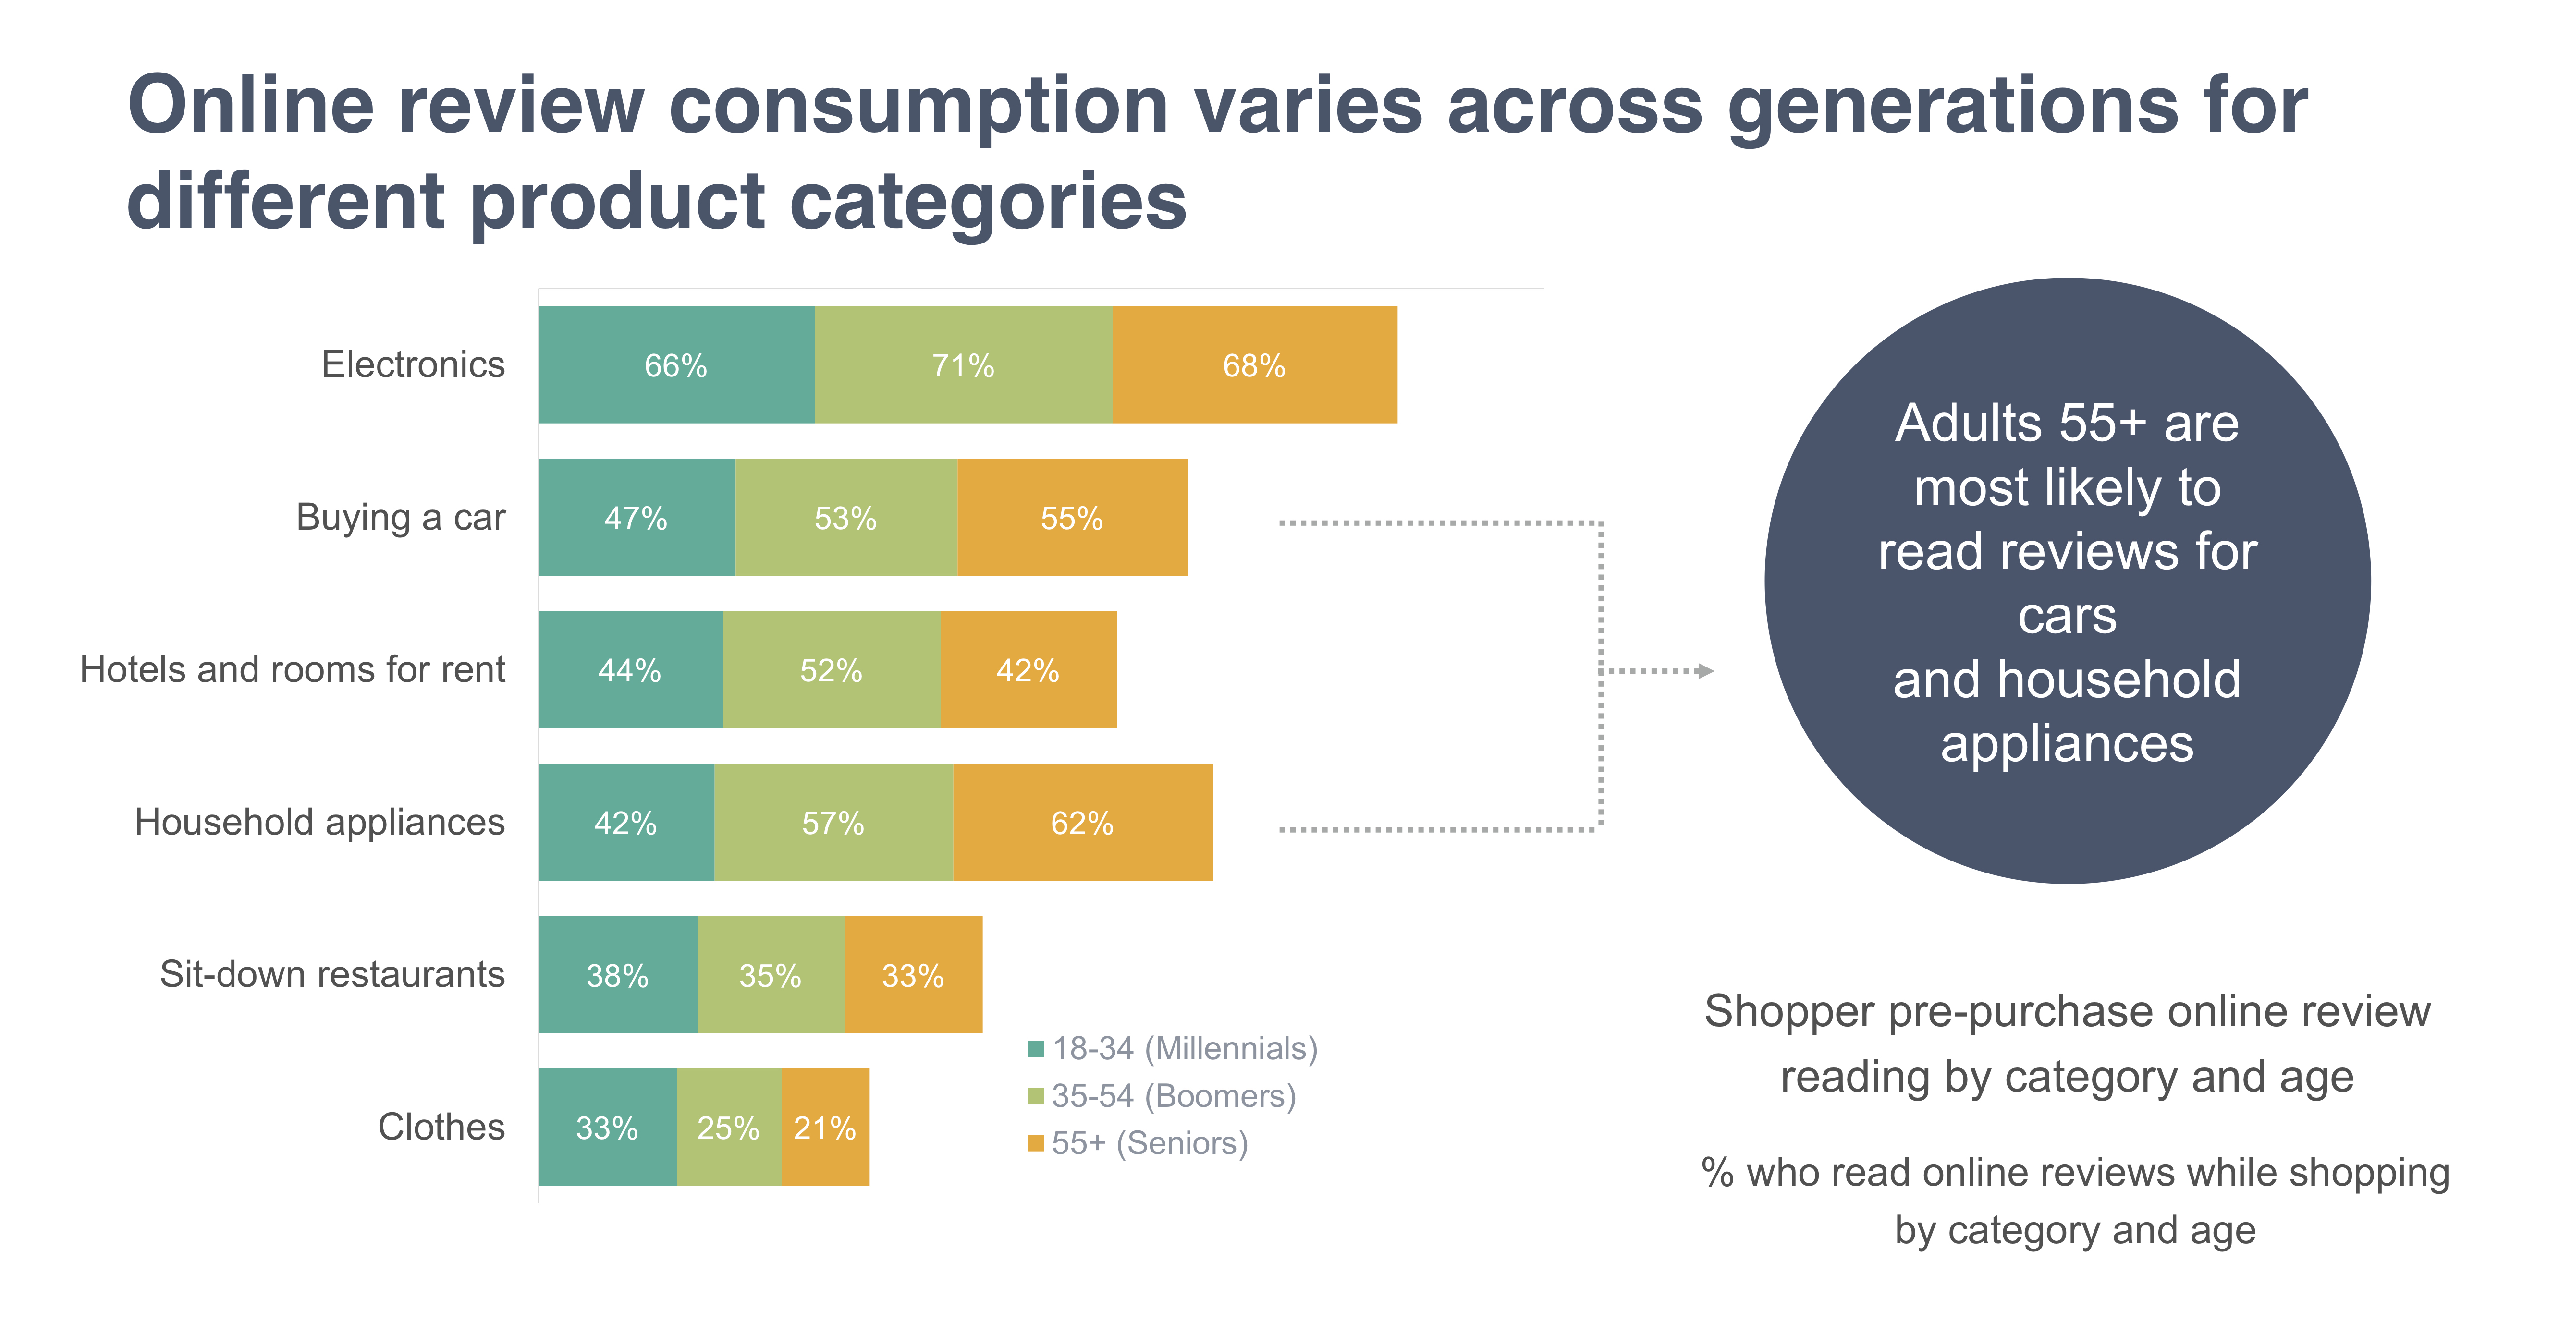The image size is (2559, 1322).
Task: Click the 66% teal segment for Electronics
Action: [676, 364]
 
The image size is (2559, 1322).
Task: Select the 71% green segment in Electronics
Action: [963, 364]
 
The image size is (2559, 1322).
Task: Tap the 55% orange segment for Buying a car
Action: [1072, 518]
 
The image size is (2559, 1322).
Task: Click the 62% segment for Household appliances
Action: [1082, 823]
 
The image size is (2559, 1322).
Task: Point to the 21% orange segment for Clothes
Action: [824, 1128]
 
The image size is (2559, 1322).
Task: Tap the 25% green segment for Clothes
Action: [728, 1128]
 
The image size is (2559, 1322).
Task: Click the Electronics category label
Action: [413, 364]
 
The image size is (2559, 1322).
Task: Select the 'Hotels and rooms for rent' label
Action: [292, 669]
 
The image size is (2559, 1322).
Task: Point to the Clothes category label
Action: [441, 1128]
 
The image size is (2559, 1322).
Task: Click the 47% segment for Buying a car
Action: [636, 518]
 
